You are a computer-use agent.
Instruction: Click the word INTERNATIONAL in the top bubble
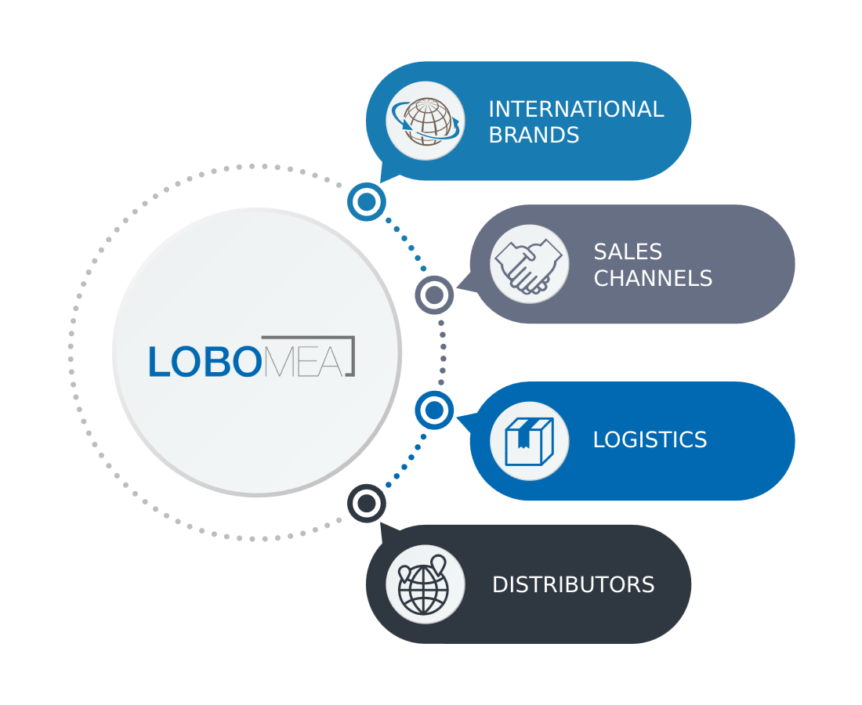tap(576, 109)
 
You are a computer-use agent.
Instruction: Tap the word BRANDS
tap(534, 136)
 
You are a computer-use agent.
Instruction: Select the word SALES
tap(628, 251)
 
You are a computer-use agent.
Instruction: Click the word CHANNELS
tap(653, 278)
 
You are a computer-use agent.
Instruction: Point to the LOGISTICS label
tap(650, 439)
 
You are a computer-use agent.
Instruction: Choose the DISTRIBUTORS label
tap(574, 584)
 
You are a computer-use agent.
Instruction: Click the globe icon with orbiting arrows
tap(426, 121)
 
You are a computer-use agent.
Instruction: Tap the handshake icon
tap(529, 266)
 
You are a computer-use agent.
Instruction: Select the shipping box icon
tap(529, 441)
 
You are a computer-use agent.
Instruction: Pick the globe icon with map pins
tap(423, 586)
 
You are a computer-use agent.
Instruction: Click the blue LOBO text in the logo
tap(205, 362)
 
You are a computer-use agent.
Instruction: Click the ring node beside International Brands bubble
tap(367, 201)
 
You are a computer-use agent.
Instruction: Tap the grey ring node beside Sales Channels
tap(434, 295)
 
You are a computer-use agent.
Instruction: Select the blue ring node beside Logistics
tap(434, 410)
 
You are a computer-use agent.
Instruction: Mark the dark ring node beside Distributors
tap(367, 504)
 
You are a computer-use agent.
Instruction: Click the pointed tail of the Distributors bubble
tap(382, 524)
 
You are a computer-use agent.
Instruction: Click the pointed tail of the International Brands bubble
tap(382, 181)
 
